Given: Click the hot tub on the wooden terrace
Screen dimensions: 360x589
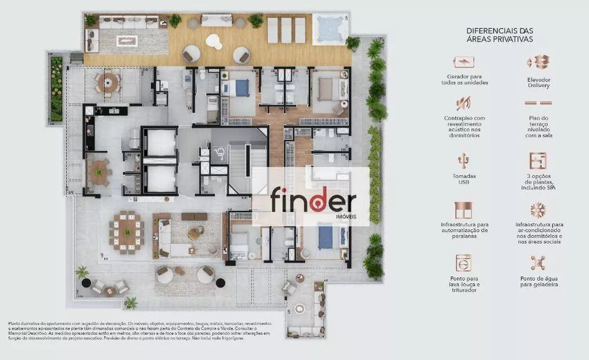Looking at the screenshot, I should pyautogui.click(x=330, y=28).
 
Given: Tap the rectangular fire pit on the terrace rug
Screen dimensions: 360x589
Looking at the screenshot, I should pyautogui.click(x=127, y=41).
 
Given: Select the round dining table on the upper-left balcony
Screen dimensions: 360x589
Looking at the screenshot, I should pyautogui.click(x=108, y=81).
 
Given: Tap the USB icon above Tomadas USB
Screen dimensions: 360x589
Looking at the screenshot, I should pyautogui.click(x=464, y=161).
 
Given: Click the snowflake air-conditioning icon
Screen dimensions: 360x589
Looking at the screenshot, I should pyautogui.click(x=538, y=210).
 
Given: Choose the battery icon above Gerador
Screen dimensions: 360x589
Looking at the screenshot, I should pyautogui.click(x=464, y=62).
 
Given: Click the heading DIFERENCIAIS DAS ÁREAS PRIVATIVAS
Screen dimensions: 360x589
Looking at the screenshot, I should pyautogui.click(x=499, y=35).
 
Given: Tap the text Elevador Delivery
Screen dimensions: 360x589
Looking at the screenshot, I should pyautogui.click(x=538, y=82).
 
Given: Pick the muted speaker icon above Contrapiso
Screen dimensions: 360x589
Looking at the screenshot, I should pyautogui.click(x=464, y=103).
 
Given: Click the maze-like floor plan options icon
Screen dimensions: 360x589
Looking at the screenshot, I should pyautogui.click(x=538, y=161).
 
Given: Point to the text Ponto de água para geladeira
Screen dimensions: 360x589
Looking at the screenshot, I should pyautogui.click(x=538, y=281).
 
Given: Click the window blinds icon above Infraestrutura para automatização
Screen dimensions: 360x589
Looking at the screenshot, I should pyautogui.click(x=464, y=210).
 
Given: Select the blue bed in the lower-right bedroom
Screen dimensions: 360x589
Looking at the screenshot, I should pyautogui.click(x=326, y=237).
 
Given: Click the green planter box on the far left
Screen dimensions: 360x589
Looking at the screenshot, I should pyautogui.click(x=57, y=88).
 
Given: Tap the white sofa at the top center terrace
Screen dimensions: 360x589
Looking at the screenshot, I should pyautogui.click(x=217, y=21).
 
